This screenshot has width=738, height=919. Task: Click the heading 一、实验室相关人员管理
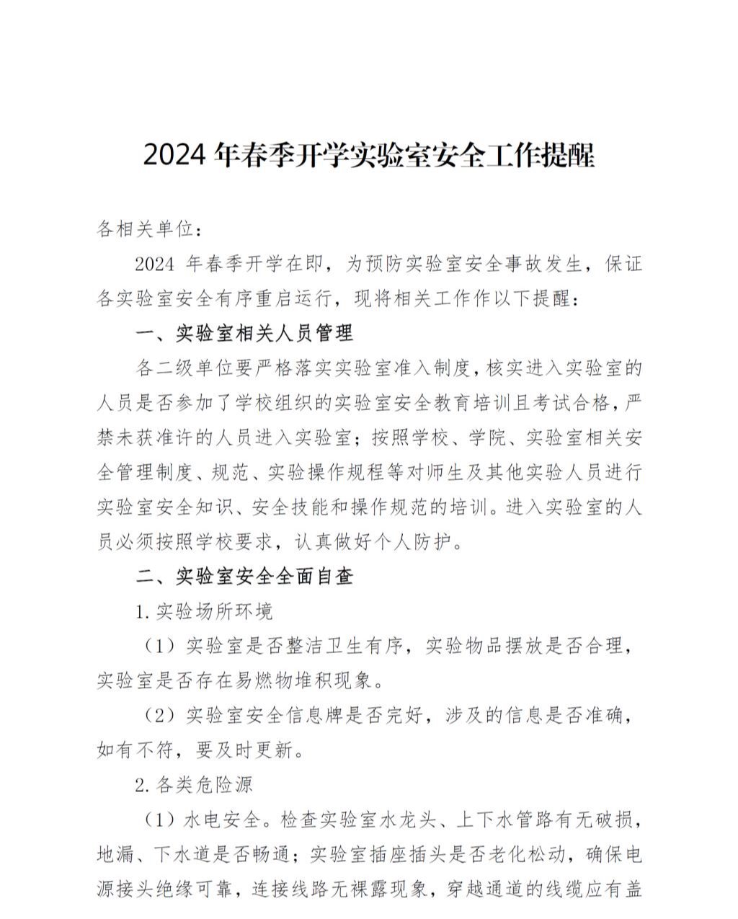(x=245, y=333)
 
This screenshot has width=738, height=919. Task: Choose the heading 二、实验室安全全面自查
(x=245, y=577)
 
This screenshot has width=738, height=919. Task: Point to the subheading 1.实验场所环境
(x=205, y=612)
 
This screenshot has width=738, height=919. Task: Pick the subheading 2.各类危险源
(x=195, y=784)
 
